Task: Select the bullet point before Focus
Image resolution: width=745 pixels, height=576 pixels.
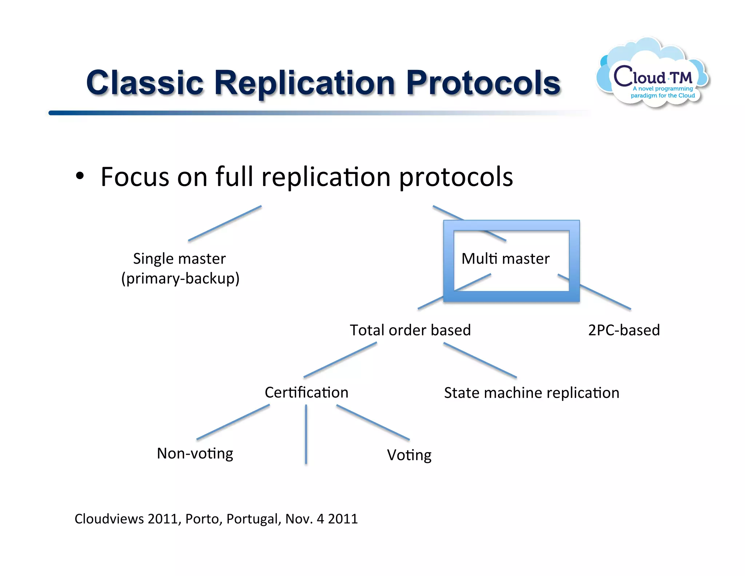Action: tap(80, 177)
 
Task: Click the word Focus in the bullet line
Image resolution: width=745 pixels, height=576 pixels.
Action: tap(135, 177)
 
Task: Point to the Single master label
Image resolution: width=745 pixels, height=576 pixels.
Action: tap(179, 259)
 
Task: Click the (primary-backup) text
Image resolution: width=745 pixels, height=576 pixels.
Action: tap(180, 279)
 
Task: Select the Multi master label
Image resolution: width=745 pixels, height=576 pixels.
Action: tap(505, 259)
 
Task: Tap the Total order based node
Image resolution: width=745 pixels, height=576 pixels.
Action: tap(410, 330)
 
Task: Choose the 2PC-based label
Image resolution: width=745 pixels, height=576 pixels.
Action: tap(624, 330)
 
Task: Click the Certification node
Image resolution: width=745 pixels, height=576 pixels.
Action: tap(306, 392)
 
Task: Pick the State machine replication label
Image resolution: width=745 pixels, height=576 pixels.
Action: tap(531, 393)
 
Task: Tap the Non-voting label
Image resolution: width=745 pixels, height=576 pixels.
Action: tap(195, 454)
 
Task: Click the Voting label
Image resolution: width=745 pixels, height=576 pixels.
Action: tap(409, 455)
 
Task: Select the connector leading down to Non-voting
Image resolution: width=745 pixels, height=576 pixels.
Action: tap(233, 422)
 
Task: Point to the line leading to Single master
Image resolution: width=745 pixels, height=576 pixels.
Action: tap(225, 223)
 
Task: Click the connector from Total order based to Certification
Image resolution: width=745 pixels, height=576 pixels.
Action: tap(340, 360)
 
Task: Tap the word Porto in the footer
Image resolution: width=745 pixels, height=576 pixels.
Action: tap(203, 519)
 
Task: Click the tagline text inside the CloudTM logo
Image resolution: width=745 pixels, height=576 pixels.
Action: tap(663, 92)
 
